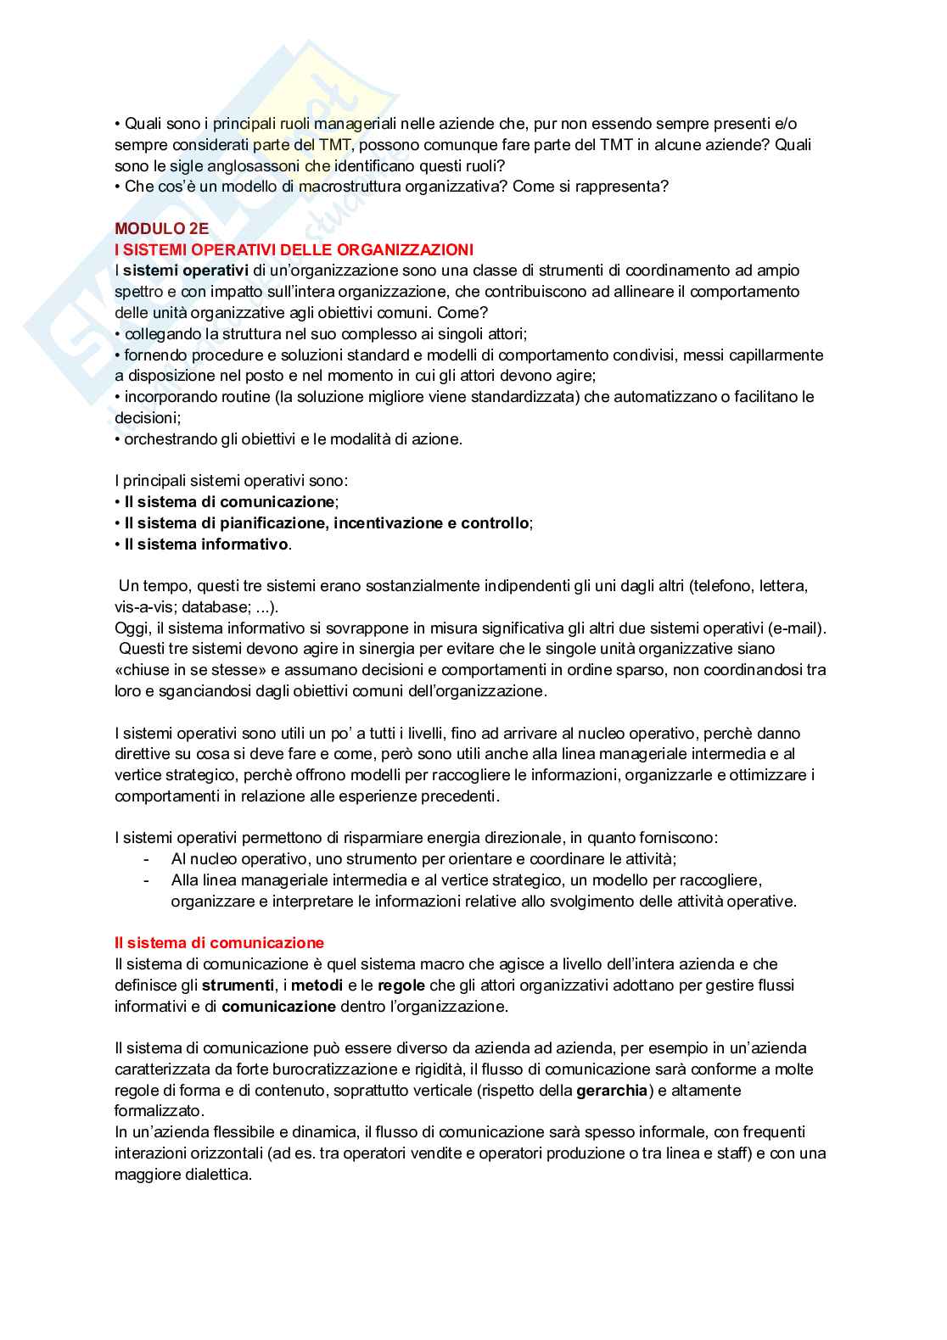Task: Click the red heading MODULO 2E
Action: click(161, 228)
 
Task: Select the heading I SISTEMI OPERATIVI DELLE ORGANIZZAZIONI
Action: click(294, 249)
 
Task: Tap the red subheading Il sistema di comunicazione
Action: click(219, 943)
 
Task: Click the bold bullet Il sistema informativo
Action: click(206, 544)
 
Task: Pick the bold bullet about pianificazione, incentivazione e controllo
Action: click(326, 523)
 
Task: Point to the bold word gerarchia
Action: click(611, 1091)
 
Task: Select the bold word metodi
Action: click(317, 985)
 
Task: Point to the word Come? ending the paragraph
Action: click(463, 312)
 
